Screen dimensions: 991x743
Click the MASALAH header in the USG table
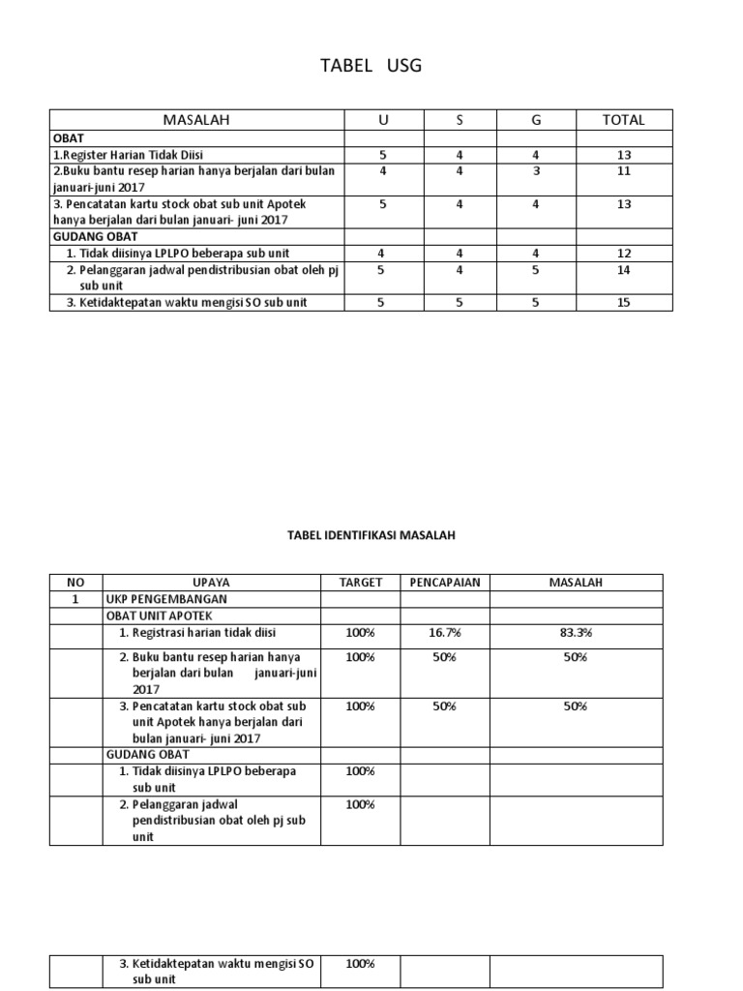click(197, 120)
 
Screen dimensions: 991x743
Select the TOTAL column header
click(623, 120)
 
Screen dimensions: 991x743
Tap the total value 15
click(623, 302)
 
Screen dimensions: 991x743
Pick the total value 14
click(623, 270)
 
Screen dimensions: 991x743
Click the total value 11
click(623, 171)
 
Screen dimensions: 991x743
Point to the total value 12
click(623, 254)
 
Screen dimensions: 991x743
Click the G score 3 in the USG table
click(536, 171)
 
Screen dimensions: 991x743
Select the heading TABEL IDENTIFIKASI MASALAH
click(371, 534)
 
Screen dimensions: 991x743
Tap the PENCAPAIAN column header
click(444, 583)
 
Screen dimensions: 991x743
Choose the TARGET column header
click(361, 583)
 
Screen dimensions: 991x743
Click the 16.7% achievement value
click(444, 632)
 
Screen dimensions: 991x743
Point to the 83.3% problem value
click(576, 632)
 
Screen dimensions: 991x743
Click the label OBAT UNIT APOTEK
click(160, 616)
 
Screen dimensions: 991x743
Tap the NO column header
click(76, 583)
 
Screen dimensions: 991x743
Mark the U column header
click(383, 120)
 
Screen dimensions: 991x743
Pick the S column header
click(460, 120)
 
